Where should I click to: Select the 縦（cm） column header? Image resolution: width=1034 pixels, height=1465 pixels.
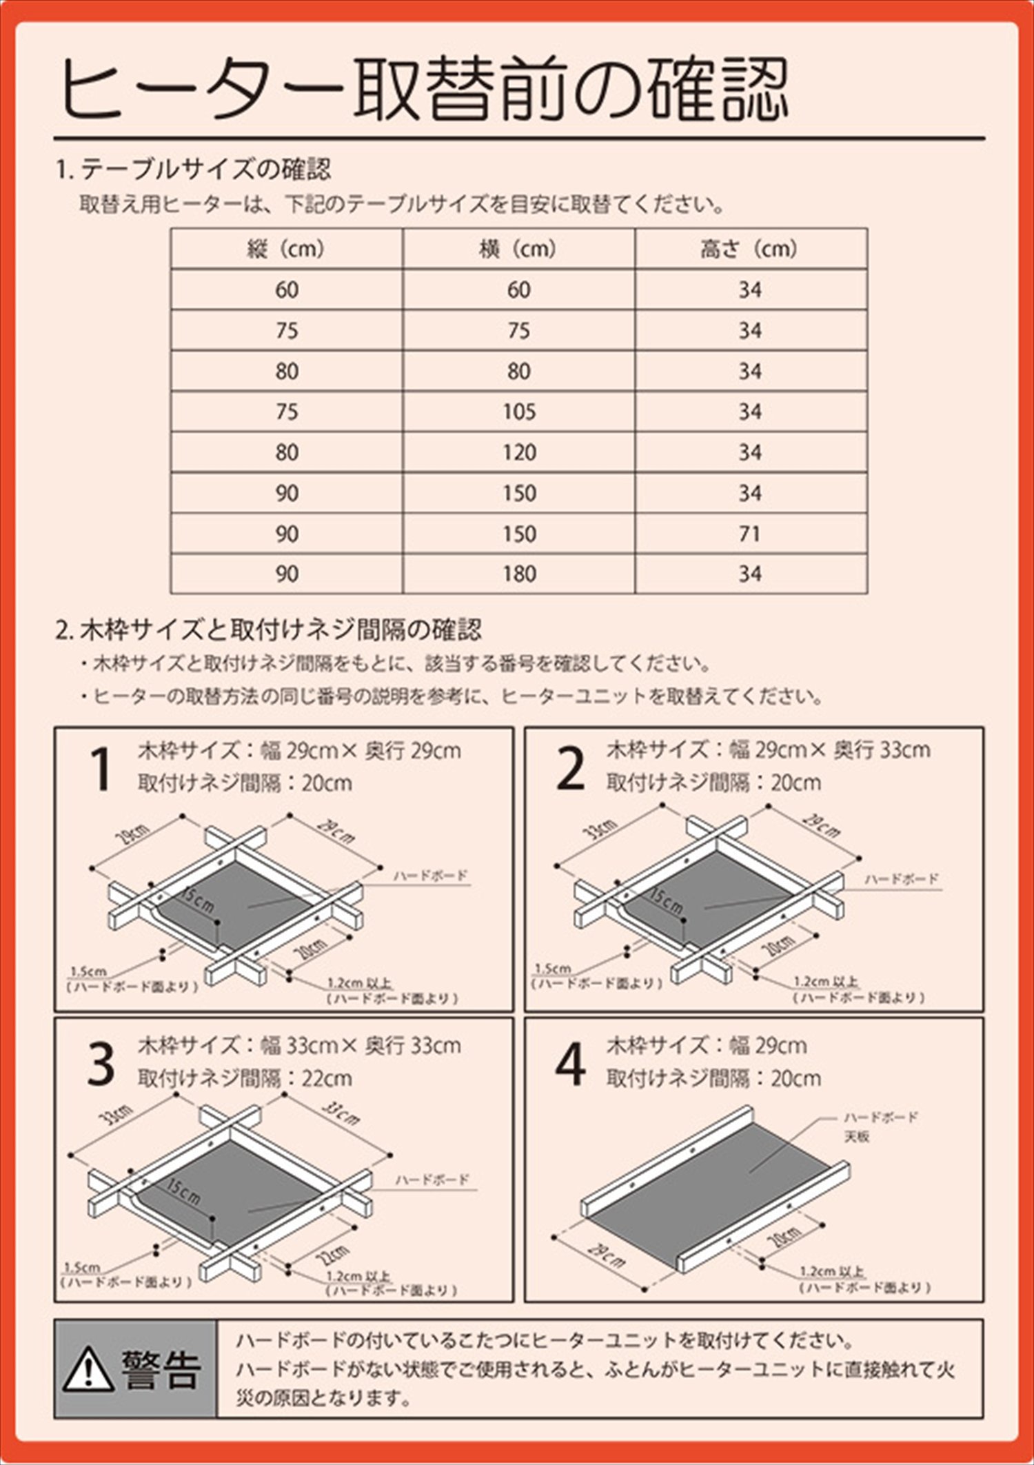point(286,249)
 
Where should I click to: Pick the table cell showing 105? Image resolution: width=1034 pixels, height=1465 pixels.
point(518,412)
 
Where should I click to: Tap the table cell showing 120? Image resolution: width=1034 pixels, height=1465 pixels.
point(518,453)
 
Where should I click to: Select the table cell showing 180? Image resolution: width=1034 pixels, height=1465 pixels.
point(518,574)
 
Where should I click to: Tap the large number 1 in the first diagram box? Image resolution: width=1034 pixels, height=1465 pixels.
point(101,770)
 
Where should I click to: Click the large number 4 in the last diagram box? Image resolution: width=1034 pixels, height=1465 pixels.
point(570,1066)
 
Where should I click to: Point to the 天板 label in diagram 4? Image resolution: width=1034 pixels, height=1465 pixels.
point(857,1137)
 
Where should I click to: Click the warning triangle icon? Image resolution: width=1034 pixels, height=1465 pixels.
point(88,1369)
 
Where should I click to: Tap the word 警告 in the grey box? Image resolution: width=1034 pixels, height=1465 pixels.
point(162,1369)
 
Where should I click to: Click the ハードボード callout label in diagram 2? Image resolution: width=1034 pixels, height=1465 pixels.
point(902,879)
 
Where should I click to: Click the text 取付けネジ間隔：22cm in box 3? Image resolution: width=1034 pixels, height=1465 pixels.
point(245,1078)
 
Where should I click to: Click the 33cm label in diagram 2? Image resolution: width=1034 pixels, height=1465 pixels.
point(602,830)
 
